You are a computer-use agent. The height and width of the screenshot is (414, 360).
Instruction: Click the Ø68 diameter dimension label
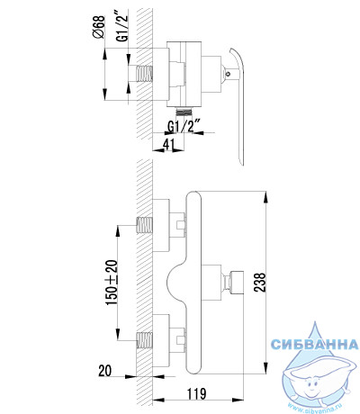tap(99, 27)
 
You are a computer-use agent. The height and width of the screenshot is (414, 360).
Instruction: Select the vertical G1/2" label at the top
tap(122, 27)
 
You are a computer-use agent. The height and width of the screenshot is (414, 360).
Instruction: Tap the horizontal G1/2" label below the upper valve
tap(184, 126)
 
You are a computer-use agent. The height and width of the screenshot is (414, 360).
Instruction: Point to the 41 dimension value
tap(168, 145)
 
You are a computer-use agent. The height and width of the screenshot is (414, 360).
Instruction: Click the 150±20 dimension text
tap(112, 283)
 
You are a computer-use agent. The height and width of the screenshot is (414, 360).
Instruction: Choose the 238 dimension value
tap(260, 282)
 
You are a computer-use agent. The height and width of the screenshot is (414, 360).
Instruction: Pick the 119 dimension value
tap(196, 393)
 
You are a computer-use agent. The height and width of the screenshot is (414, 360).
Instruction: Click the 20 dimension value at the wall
tap(104, 371)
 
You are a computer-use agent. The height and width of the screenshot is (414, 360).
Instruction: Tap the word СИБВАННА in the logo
tap(315, 344)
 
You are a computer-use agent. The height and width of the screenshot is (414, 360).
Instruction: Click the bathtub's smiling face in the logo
tap(312, 384)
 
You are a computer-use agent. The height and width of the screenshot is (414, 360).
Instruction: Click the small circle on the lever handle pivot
tap(229, 73)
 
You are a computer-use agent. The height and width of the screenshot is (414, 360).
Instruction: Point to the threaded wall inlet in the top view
tap(144, 74)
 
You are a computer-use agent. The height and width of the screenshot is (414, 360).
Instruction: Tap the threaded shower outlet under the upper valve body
tap(183, 112)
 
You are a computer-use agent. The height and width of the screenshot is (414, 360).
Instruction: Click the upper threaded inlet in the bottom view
tap(144, 225)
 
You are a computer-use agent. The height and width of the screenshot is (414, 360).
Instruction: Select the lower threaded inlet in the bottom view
tap(144, 340)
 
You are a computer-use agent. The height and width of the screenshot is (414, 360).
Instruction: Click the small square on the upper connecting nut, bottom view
tap(180, 225)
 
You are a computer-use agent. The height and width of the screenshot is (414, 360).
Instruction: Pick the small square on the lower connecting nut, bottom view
tap(180, 340)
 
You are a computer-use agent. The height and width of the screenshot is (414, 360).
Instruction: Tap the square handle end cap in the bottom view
tap(237, 283)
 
